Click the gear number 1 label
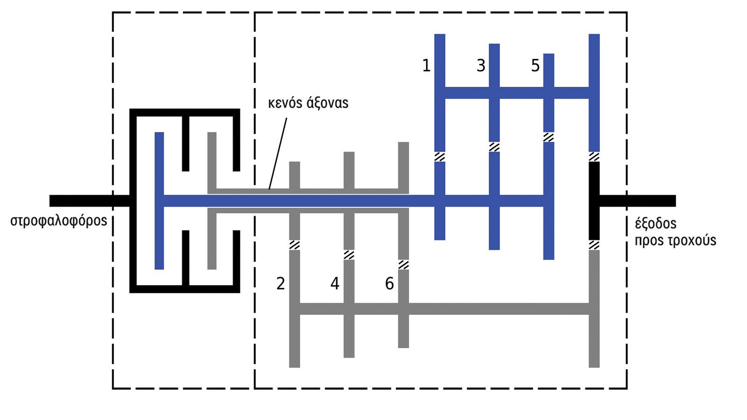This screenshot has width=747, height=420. click(x=426, y=66)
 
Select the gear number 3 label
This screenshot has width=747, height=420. click(x=480, y=66)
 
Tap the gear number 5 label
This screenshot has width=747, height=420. click(x=535, y=66)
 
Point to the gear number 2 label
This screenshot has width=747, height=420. click(x=280, y=283)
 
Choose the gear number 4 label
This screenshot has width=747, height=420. click(x=335, y=283)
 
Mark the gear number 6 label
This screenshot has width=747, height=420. click(x=389, y=283)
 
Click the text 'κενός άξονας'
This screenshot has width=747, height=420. click(x=308, y=103)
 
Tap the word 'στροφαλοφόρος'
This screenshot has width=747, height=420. click(x=59, y=220)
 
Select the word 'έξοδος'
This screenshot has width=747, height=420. click(x=655, y=224)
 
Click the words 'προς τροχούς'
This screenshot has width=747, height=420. click(x=675, y=240)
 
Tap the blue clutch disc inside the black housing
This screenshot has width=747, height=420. click(x=159, y=201)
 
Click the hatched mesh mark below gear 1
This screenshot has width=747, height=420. click(x=440, y=156)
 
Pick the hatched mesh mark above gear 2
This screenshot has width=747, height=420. click(x=295, y=245)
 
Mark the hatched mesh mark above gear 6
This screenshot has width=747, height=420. click(x=403, y=265)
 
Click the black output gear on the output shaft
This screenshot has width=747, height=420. click(x=594, y=201)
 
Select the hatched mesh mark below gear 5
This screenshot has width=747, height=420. click(x=549, y=137)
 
